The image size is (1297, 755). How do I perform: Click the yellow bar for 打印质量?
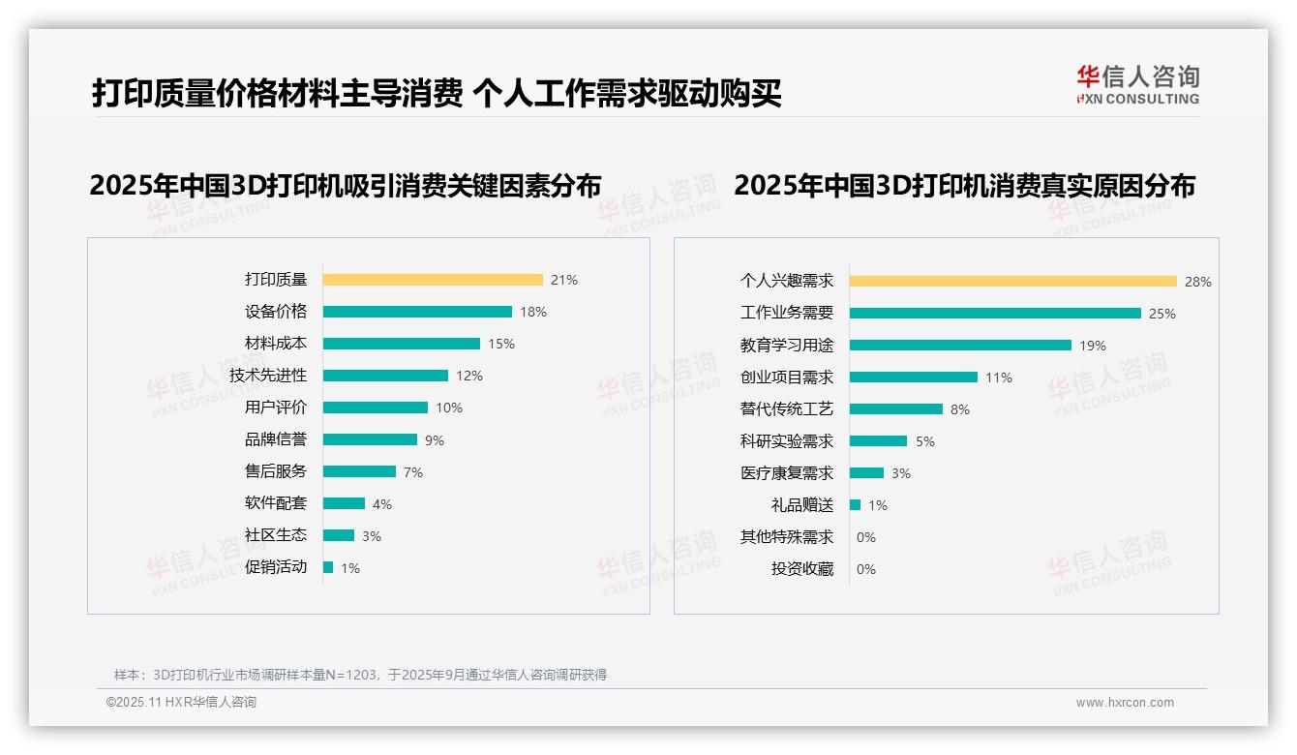coord(433,280)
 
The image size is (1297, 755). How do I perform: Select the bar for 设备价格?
coord(417,312)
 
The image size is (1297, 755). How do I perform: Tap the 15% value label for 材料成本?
coord(501,344)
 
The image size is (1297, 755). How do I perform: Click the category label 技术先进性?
coord(268,375)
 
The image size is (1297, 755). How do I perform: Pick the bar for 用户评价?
coord(376,408)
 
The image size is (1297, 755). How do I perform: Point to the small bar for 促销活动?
coord(328,567)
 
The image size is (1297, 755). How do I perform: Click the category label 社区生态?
coord(276,534)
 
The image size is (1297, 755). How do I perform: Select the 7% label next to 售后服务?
coord(413,472)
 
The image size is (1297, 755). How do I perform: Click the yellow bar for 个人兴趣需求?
coord(1013,282)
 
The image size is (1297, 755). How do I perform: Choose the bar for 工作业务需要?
coord(995,314)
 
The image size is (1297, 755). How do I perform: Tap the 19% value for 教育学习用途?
coord(1093,346)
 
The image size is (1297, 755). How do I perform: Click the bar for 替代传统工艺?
coord(896,409)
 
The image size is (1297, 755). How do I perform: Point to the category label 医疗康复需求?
coord(787,473)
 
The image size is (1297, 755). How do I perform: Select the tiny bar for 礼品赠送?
coord(855,505)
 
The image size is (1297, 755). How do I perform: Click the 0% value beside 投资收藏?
coord(866,569)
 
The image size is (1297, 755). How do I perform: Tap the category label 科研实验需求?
coord(787,441)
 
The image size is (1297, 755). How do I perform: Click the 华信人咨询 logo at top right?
coord(1137,84)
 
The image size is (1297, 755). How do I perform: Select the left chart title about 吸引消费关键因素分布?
coord(346,185)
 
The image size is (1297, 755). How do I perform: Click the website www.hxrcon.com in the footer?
coord(1125,703)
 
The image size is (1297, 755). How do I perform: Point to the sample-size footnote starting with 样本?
coord(360,675)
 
